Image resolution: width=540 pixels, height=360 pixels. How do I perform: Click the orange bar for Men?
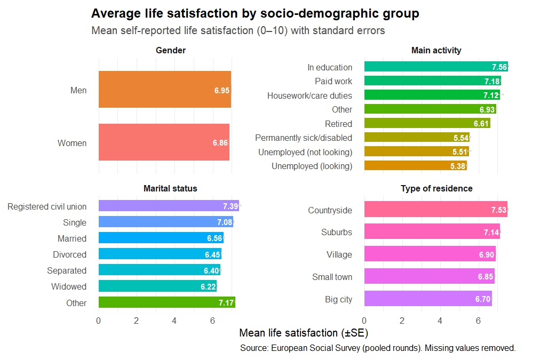coord(164,90)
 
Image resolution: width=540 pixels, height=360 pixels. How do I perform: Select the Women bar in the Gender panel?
coord(163,142)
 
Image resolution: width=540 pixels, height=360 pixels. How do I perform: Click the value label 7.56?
coord(499,67)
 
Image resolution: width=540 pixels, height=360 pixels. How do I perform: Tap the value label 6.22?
coord(208,286)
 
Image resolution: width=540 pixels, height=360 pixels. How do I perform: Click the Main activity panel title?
coord(436,50)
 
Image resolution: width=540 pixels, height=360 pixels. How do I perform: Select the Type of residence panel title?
coord(436,188)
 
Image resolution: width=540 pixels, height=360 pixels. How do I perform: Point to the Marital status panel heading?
coord(170,188)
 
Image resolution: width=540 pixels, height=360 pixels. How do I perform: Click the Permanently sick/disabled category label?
coord(304,138)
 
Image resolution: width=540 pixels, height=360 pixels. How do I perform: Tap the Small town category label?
coord(332,277)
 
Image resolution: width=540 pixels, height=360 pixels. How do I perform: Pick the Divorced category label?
coord(69,254)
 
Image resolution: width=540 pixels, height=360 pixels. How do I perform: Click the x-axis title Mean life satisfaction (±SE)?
coord(304,333)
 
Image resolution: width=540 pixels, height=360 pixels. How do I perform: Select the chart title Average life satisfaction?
coord(255,14)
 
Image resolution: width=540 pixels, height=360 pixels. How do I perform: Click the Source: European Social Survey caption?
coord(378,348)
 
